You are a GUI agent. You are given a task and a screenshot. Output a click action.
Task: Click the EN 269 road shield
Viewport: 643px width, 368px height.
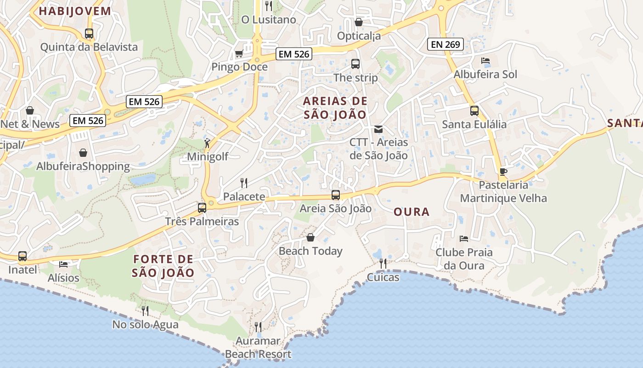click(x=445, y=45)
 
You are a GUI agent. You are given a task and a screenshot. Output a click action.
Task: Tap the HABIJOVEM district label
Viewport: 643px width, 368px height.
click(x=75, y=11)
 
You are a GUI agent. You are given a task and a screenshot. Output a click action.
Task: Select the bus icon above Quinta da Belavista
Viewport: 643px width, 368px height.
click(x=89, y=34)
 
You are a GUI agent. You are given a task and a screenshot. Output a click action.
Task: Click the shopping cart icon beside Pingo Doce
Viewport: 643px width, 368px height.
click(x=239, y=54)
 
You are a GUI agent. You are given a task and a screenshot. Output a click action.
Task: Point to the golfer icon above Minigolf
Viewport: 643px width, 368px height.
click(x=208, y=143)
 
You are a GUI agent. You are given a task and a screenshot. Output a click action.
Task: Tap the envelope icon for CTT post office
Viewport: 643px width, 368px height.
click(x=378, y=129)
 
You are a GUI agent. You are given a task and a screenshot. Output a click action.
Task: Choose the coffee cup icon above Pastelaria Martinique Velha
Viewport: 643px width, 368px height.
click(x=503, y=172)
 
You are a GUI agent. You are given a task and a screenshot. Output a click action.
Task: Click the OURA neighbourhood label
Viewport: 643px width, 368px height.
click(x=412, y=212)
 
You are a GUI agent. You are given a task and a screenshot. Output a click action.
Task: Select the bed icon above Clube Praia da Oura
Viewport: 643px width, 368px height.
click(x=464, y=239)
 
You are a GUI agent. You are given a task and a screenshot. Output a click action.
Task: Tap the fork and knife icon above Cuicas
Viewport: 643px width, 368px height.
click(x=383, y=264)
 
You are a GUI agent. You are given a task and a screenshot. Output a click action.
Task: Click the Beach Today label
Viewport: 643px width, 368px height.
click(x=310, y=251)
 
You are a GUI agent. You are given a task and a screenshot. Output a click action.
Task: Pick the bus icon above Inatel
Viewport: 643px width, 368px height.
click(x=23, y=256)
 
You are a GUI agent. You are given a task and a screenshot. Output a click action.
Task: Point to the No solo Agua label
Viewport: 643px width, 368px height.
click(x=145, y=325)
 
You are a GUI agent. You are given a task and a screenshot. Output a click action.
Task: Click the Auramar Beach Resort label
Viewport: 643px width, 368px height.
click(x=258, y=348)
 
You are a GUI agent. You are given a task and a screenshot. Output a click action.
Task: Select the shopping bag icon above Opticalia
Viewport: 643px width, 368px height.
click(x=359, y=22)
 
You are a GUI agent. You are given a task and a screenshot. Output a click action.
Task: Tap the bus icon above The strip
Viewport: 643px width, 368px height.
click(x=355, y=64)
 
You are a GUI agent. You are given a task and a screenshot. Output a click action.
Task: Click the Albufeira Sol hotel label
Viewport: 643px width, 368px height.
click(x=485, y=75)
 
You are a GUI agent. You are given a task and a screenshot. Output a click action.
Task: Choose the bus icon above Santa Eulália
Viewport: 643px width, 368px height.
click(x=474, y=111)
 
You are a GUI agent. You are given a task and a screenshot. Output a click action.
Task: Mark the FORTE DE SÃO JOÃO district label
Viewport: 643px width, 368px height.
click(x=163, y=266)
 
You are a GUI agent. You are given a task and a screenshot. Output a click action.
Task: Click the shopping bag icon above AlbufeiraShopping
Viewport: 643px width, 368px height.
click(x=83, y=153)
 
